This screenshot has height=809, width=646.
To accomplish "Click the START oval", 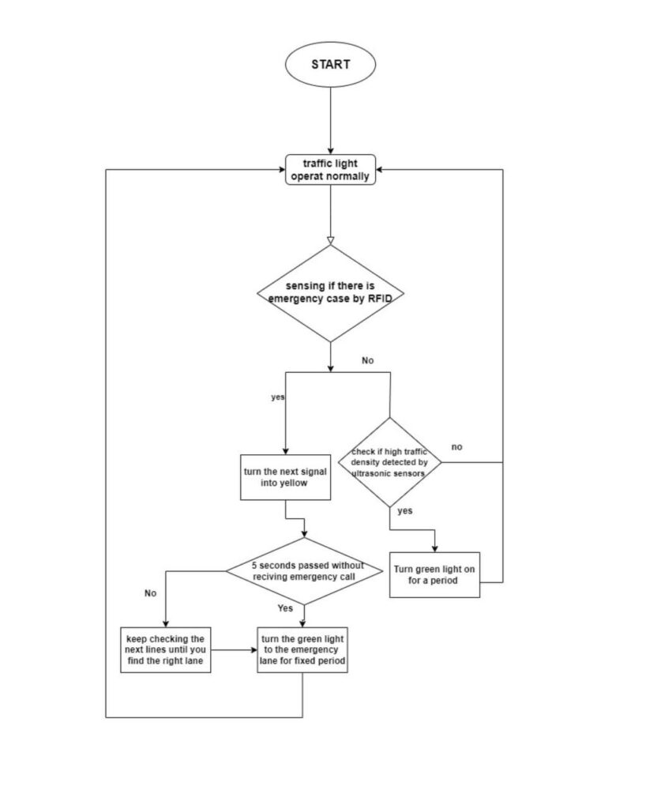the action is pos(330,65).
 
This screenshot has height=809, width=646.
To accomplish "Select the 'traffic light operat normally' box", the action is pos(330,170).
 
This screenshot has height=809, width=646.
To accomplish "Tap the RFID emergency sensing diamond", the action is pos(330,293).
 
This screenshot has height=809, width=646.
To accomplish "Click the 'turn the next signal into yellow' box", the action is pos(285,477).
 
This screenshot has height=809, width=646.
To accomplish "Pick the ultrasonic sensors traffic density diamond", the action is pos(390,462).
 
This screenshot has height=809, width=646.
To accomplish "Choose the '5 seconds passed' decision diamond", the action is pos(304,571).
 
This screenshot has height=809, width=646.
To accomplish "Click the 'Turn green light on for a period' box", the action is pos(434,575).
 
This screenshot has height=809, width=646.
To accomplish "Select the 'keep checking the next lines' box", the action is pos(166,650).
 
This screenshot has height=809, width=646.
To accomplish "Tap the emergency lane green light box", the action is pos(302,650).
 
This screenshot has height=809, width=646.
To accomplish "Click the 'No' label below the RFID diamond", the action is pos(367,360).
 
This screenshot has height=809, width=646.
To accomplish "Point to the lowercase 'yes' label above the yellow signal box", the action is pos(278,397).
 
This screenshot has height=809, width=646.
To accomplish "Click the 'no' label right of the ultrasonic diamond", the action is pos(456,447).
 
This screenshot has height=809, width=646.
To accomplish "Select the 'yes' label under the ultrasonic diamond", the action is pos(404,511).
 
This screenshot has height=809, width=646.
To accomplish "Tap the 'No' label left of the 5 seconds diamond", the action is pos(151,593).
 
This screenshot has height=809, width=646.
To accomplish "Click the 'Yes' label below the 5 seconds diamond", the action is pos(285,608).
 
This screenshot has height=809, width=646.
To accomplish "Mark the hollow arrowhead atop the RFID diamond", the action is pos(330,240).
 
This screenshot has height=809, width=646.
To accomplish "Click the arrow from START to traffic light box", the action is pos(330,121).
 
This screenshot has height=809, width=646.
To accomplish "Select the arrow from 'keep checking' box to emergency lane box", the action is pos(234,650).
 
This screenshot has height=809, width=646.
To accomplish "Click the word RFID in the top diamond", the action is pos(380,299).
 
